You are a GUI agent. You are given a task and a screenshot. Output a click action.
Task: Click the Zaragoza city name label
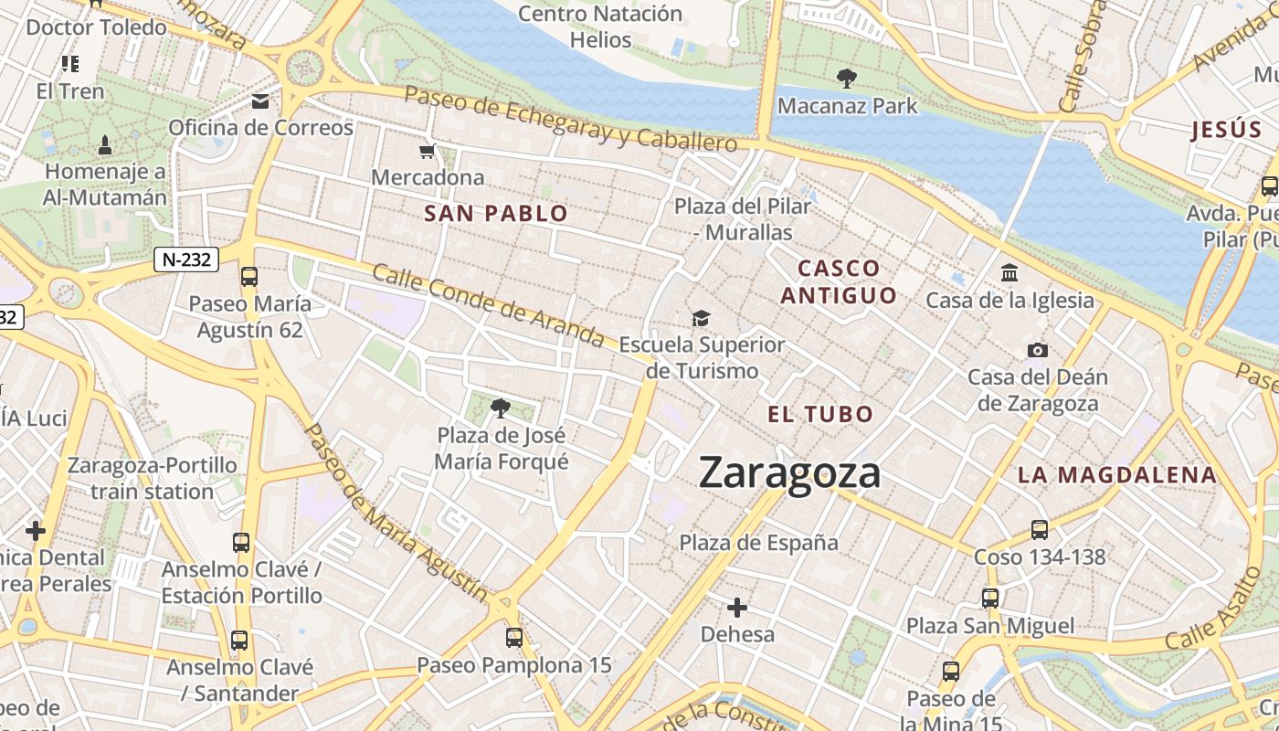[x=790, y=473]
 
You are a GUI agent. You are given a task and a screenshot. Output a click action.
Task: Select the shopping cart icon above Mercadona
[x=427, y=151]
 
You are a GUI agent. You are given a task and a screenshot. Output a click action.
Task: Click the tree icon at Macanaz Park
[x=847, y=79]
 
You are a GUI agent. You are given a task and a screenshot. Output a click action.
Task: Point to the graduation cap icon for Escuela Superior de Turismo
[x=701, y=318]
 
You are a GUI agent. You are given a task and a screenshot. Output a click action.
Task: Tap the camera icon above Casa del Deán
[x=1037, y=350]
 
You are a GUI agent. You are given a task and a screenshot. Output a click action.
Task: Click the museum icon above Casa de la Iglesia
[x=1009, y=272]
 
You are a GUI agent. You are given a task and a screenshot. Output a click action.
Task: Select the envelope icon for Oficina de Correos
[x=261, y=101]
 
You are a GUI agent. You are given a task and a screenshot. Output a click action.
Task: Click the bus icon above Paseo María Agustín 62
[x=248, y=276]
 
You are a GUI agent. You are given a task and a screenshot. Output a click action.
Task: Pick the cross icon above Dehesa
[x=737, y=608]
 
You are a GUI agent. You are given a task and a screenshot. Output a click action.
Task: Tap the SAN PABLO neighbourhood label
[x=496, y=214]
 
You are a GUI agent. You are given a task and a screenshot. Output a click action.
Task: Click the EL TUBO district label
[x=820, y=414]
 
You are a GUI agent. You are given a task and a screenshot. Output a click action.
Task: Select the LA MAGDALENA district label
[x=1116, y=475]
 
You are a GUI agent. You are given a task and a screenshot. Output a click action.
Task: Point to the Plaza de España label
[x=758, y=543]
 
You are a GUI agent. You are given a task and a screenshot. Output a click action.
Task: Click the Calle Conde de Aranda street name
[x=489, y=305]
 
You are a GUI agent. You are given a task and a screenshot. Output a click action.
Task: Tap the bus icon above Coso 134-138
[x=1039, y=529]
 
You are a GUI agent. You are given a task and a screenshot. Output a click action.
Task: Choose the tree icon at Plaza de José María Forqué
[x=500, y=408]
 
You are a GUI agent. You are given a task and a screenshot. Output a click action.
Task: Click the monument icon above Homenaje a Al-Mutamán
[x=104, y=144]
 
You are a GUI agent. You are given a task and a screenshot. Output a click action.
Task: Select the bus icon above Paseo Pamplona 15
[x=514, y=638]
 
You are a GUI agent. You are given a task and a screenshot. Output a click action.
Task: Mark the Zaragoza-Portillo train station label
[x=152, y=479]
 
